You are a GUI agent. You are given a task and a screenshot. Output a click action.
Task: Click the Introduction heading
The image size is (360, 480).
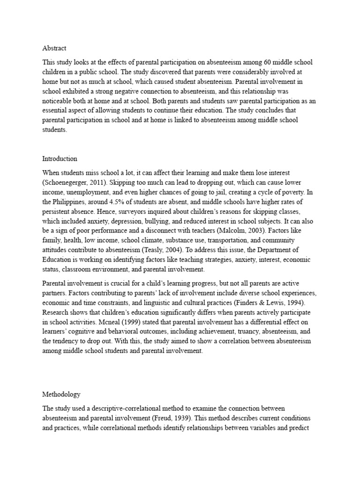60,158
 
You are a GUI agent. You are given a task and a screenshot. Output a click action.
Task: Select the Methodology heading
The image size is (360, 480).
60,395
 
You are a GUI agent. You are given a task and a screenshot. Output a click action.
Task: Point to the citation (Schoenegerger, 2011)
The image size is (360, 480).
74,182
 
